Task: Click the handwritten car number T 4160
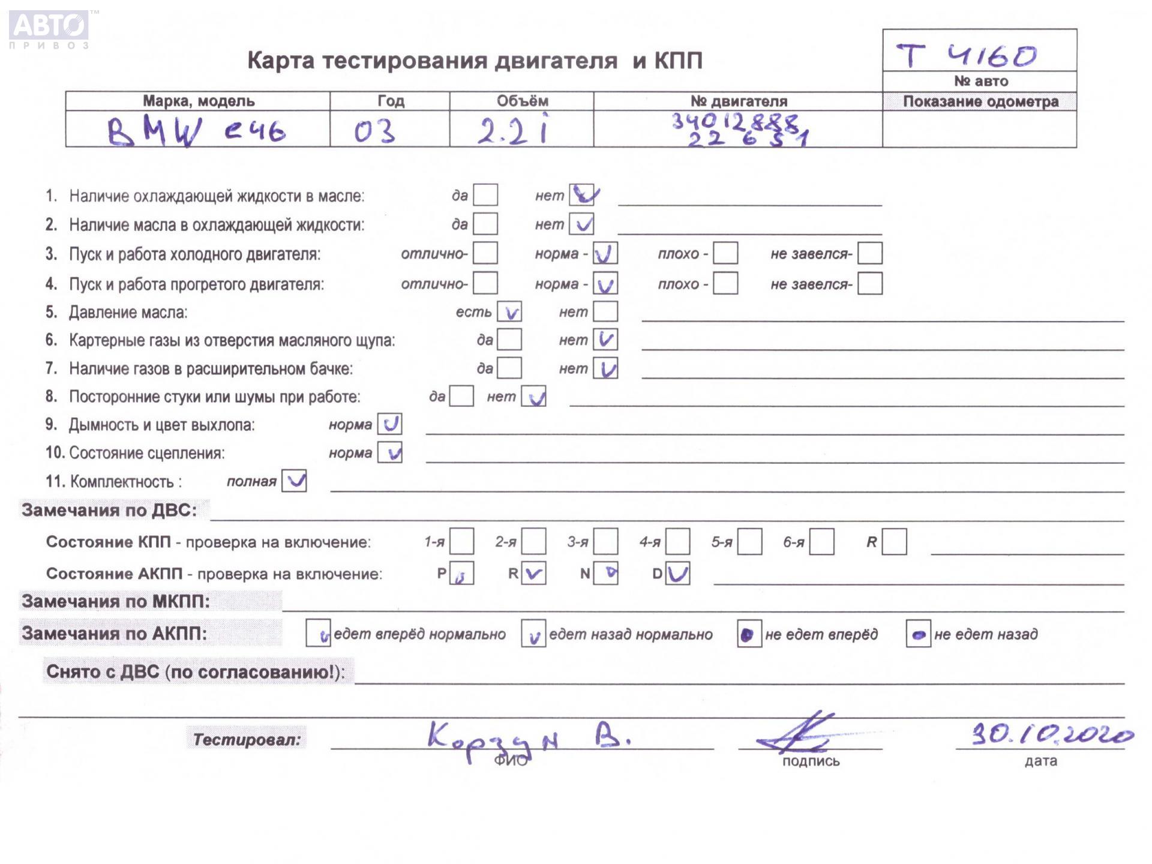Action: point(966,55)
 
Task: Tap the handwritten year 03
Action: point(374,131)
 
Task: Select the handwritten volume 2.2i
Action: point(513,130)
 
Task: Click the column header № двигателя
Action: point(739,101)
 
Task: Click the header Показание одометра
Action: point(980,101)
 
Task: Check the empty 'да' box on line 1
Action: point(485,195)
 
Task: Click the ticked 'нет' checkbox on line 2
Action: point(581,224)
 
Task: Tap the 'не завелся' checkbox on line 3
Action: point(869,253)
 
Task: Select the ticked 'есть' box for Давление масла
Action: point(509,312)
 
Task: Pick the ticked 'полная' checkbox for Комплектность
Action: point(294,481)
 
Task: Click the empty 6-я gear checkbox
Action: point(821,542)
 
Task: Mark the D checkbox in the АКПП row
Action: point(677,573)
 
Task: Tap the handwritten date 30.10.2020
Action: point(1051,734)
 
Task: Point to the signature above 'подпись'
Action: point(798,733)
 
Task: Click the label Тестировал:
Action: point(247,739)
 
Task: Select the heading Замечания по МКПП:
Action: point(116,601)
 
